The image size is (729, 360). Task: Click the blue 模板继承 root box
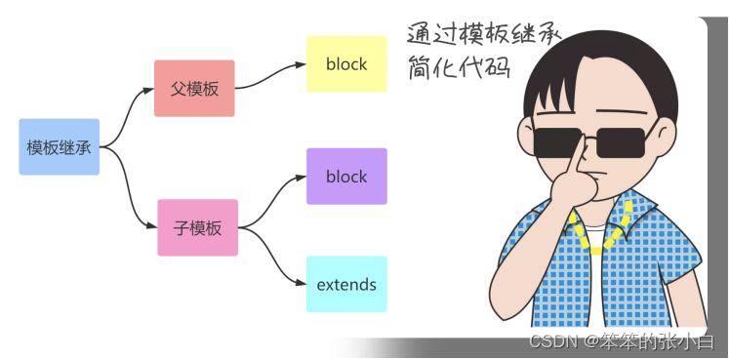click(60, 146)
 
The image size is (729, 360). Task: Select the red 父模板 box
click(194, 88)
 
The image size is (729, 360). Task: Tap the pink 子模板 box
click(197, 227)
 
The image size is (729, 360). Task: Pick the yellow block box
click(346, 64)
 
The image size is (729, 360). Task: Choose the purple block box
click(346, 176)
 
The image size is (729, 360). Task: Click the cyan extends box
click(346, 284)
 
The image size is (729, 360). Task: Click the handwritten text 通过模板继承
click(484, 34)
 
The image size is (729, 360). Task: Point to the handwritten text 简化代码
click(460, 68)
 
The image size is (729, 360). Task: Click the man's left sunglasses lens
click(558, 142)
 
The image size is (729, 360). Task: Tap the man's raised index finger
click(577, 160)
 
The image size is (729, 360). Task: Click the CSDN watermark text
click(622, 342)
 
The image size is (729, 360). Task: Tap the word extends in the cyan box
click(346, 284)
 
